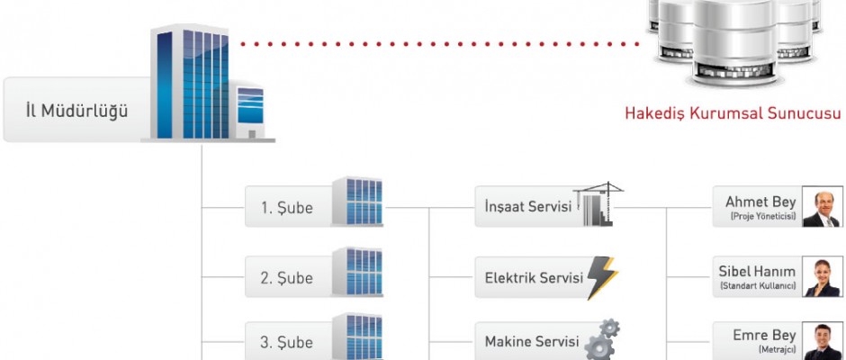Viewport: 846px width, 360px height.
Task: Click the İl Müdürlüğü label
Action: coord(76,112)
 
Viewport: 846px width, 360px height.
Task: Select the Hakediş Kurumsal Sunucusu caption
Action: coord(733,114)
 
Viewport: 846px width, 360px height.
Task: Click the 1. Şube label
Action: coord(287,208)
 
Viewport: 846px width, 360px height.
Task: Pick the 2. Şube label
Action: coord(287,278)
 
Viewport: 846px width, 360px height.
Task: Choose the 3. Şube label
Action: coord(287,343)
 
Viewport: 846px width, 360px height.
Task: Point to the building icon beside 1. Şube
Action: coord(357,202)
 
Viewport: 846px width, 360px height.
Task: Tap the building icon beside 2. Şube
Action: coord(357,272)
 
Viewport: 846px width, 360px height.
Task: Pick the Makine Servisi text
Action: coord(531,342)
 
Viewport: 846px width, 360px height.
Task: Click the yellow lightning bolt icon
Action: coord(601,277)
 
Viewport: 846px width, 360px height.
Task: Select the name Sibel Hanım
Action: coord(757,271)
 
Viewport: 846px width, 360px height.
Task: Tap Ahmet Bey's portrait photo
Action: coord(822,208)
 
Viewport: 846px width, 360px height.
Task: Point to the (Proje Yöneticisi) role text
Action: coord(762,217)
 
